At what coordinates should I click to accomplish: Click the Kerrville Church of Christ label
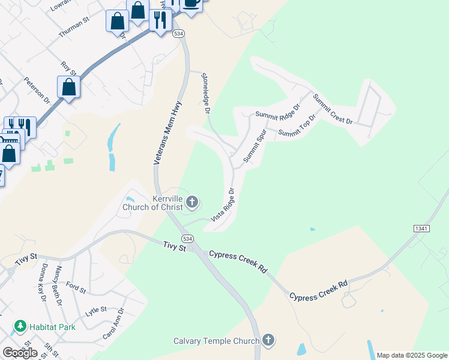pos(155,203)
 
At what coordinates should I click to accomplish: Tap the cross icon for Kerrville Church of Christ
pos(192,202)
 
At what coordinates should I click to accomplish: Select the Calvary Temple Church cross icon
pos(268,341)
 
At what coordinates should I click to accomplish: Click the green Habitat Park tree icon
pos(20,326)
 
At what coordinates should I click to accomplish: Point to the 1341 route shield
pos(421,229)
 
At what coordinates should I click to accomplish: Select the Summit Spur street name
pos(255,146)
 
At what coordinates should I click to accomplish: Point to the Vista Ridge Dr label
pos(222,205)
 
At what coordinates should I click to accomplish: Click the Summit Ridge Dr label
pos(277,112)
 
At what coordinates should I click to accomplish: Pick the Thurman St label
pos(74,28)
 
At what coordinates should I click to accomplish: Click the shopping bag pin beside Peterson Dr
pos(69,86)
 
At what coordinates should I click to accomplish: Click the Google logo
pos(20,352)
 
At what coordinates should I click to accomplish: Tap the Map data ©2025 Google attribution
pos(412,355)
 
